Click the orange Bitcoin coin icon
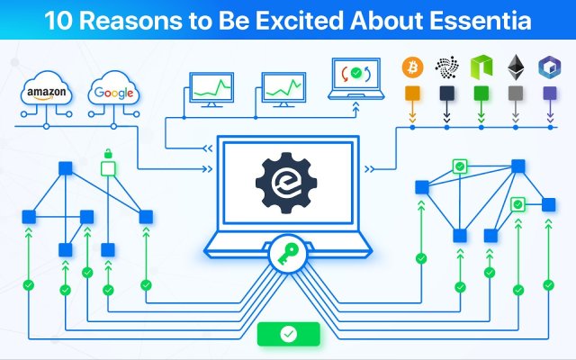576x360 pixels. point(412,67)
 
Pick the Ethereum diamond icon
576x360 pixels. point(516,67)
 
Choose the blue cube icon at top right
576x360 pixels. point(549,67)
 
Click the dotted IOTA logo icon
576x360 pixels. point(446,67)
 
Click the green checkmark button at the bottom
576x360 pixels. point(287,334)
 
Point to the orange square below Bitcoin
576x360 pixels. point(412,94)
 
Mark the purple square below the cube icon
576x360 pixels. point(549,94)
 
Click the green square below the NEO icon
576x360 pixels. point(481,94)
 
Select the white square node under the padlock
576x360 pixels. point(108,168)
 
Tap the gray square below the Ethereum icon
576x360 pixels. point(516,94)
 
